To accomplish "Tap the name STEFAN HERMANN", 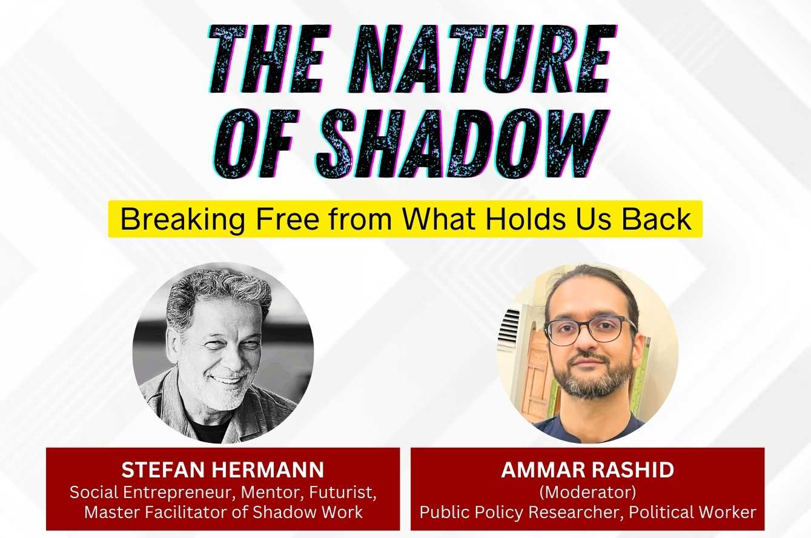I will point(223,470).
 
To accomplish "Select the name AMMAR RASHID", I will point(588,471).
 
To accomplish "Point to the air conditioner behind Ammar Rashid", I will point(511,330).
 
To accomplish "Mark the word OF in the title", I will point(254,144).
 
